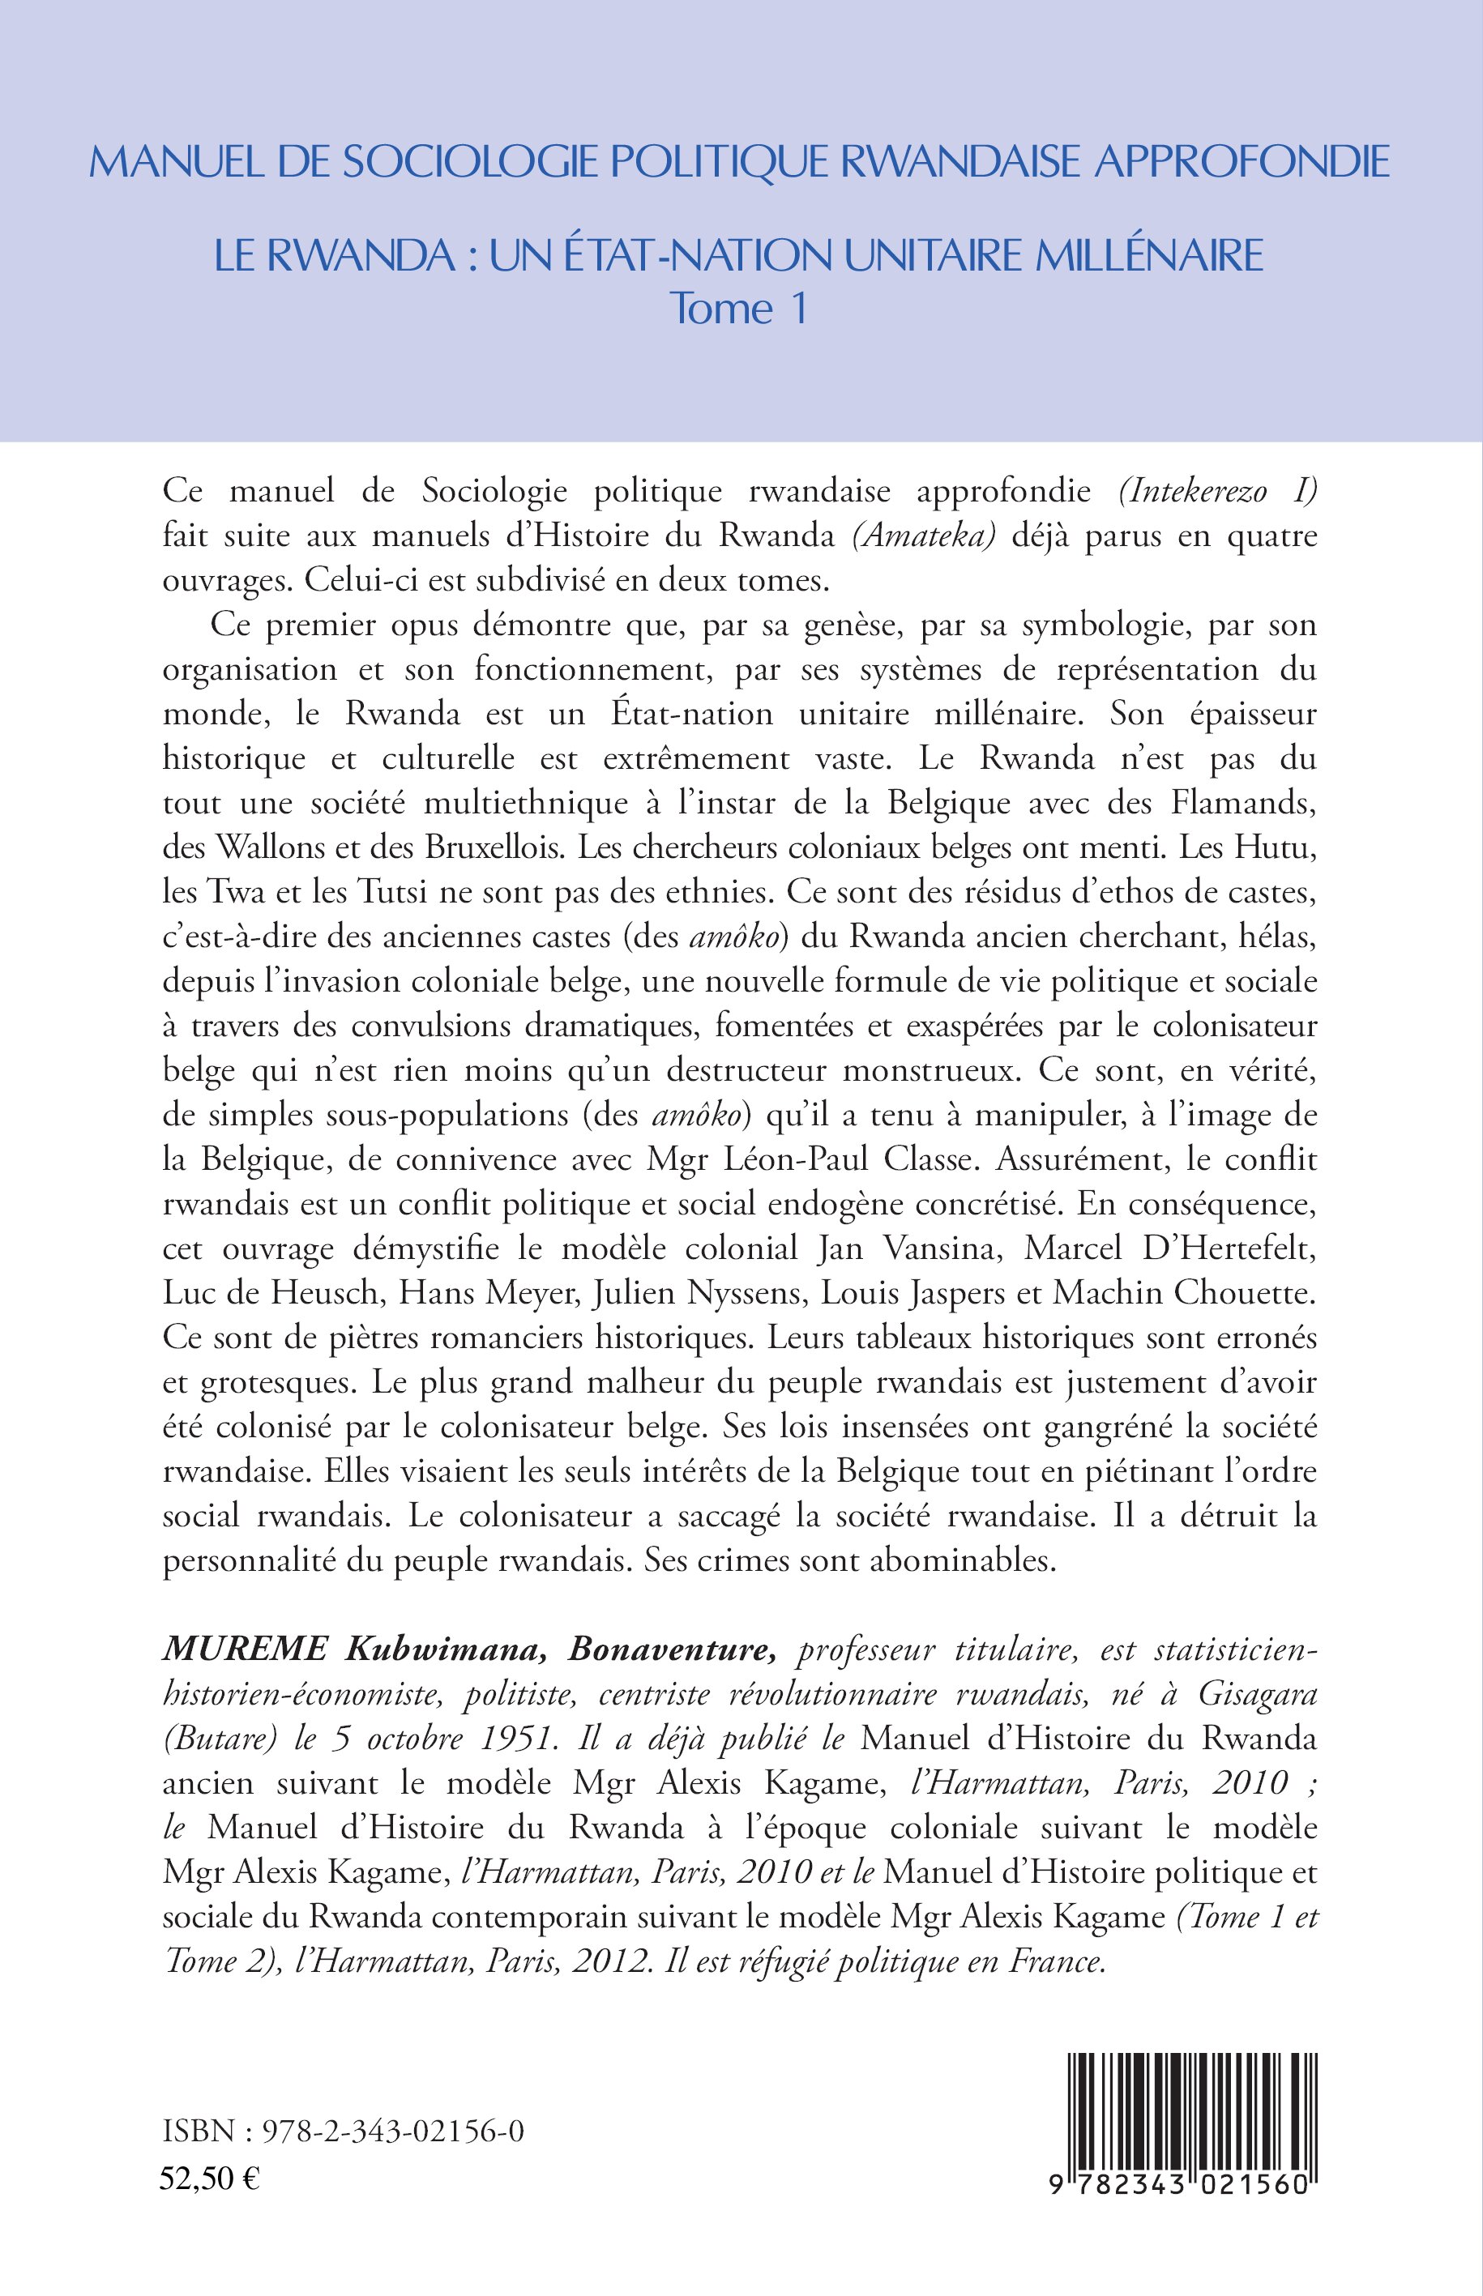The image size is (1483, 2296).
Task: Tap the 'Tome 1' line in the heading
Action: (738, 309)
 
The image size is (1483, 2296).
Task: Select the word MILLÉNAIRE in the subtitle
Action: (1148, 255)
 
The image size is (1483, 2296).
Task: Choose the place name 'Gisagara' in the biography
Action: (1257, 1694)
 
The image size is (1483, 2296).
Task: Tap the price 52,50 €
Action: (210, 2178)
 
